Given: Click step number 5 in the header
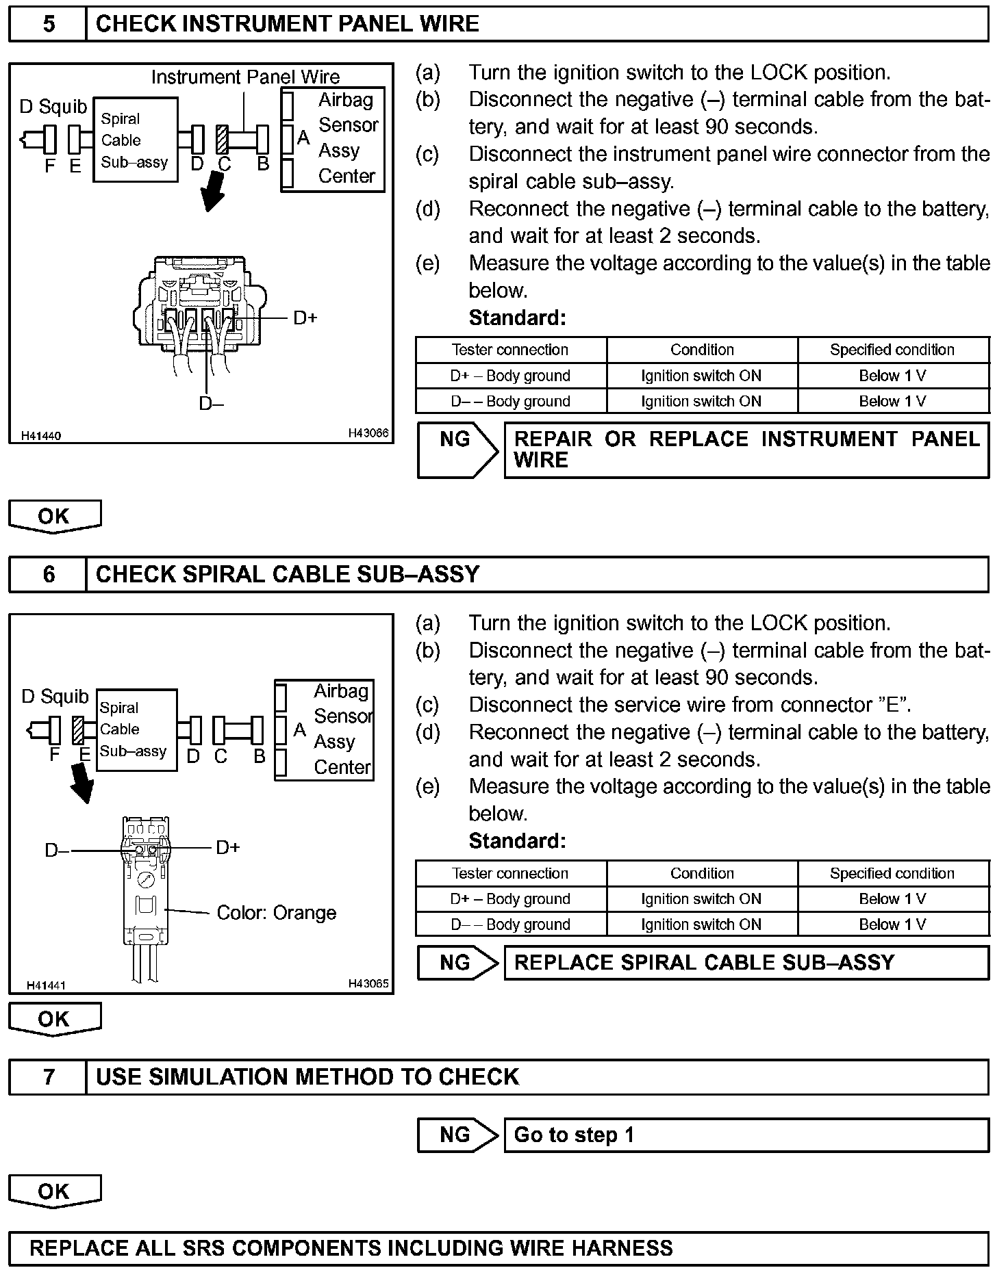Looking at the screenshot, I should pos(48,25).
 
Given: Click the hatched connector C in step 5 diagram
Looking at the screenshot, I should pos(222,139).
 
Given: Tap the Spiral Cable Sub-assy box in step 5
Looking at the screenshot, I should pos(135,140).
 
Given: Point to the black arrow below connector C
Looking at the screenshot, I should pos(213,192).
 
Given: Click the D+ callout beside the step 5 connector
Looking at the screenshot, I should pos(305,318).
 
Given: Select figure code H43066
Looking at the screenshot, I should pos(368,432).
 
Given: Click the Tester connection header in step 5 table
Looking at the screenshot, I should pos(510,350).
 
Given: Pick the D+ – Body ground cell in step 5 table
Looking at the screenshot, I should pos(510,376).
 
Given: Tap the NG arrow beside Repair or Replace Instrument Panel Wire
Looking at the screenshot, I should pos(457,450).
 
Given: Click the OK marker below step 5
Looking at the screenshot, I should pos(54,516).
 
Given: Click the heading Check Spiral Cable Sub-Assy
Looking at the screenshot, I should pos(288,574).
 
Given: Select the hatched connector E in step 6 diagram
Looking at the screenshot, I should pos(78,730).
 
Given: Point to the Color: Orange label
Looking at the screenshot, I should pos(276,913).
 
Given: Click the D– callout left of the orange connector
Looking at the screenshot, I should pos(57,851).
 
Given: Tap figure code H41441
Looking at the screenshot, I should pos(46,985).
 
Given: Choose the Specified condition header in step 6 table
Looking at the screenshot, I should pos(892,873).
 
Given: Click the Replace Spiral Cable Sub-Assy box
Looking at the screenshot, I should pos(746,963).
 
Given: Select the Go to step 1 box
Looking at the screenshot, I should pos(746,1135).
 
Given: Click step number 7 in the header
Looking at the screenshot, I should pos(48,1077).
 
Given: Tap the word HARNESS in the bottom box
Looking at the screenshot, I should pos(622,1248).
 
